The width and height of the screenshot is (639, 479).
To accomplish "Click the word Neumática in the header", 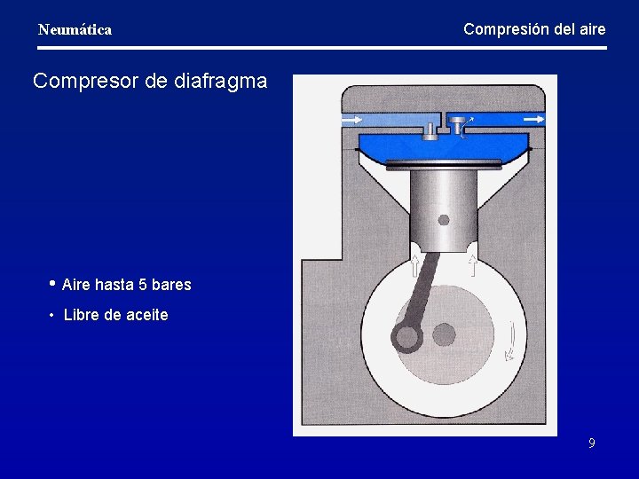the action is (75, 30).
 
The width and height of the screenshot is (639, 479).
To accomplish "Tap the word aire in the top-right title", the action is (592, 29).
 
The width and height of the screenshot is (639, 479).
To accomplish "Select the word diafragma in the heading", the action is (220, 82).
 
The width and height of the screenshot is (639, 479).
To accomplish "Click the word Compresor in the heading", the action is (86, 82).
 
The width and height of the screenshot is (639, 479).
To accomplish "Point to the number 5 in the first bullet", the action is (143, 285).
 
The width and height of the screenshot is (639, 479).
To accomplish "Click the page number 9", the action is (592, 443).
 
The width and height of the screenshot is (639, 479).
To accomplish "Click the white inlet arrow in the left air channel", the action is (351, 120).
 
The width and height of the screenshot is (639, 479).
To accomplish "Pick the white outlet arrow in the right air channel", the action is (534, 119).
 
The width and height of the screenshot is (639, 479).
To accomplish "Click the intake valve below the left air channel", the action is (430, 132).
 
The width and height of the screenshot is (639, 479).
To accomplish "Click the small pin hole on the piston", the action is (444, 220).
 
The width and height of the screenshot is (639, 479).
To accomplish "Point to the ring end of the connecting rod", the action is (406, 337).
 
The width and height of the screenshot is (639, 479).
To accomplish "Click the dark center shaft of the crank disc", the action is (444, 334).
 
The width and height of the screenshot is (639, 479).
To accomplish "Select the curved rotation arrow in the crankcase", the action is (510, 341).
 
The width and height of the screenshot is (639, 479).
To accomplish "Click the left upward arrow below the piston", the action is (414, 265).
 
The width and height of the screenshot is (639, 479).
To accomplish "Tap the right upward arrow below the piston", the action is (473, 265).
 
